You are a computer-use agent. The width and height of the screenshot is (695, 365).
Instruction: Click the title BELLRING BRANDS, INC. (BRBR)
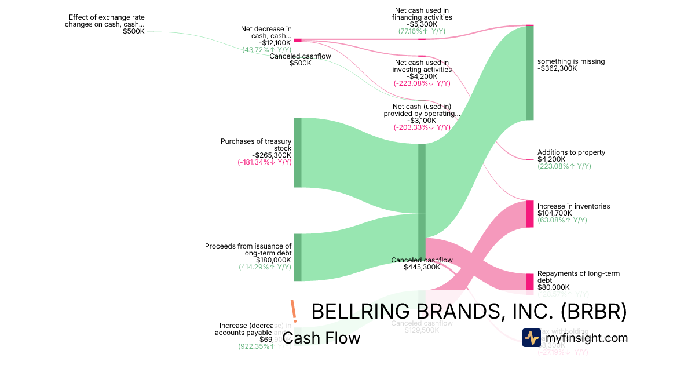click(x=469, y=312)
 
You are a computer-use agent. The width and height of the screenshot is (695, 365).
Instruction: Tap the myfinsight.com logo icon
click(x=531, y=338)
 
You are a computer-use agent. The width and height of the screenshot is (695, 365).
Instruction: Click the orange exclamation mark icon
click(x=293, y=311)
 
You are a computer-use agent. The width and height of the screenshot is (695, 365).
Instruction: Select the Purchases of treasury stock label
click(x=256, y=145)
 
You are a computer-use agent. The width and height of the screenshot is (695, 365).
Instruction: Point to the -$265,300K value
click(x=272, y=155)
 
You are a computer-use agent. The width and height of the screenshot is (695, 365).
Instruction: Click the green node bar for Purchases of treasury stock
click(x=298, y=152)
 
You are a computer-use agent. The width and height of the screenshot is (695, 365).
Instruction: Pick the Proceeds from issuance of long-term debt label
click(x=248, y=250)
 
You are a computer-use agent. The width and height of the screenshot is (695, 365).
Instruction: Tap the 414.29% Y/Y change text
click(x=265, y=267)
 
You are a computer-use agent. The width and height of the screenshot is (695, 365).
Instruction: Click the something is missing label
click(x=570, y=61)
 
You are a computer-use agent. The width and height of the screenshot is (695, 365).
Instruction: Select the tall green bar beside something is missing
click(x=529, y=72)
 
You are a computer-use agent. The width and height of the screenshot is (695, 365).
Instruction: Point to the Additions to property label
click(x=571, y=152)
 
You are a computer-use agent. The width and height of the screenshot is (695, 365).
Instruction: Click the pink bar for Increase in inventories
click(x=529, y=214)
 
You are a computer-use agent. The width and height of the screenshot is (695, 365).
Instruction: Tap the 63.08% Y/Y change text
click(x=562, y=220)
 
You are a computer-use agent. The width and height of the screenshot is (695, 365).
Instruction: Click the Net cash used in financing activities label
click(x=422, y=14)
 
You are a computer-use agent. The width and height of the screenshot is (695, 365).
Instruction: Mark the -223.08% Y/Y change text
click(x=422, y=83)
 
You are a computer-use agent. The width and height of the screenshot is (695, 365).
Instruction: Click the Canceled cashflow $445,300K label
click(x=422, y=264)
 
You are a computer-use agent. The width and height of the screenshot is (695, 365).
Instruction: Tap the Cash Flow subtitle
click(x=321, y=338)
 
